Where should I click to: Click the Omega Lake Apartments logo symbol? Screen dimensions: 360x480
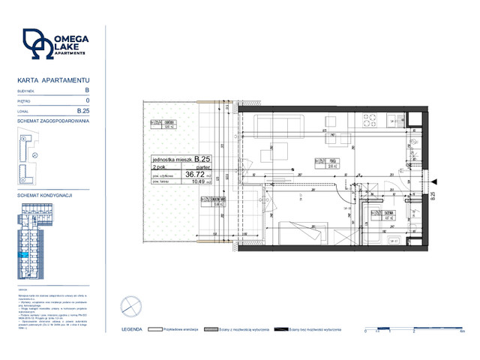pyautogui.click(x=36, y=46)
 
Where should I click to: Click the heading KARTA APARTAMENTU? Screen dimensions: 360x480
pyautogui.click(x=53, y=79)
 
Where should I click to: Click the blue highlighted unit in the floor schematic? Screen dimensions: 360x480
pyautogui.click(x=25, y=256)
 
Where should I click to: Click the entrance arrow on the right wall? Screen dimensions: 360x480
pyautogui.click(x=434, y=180)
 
